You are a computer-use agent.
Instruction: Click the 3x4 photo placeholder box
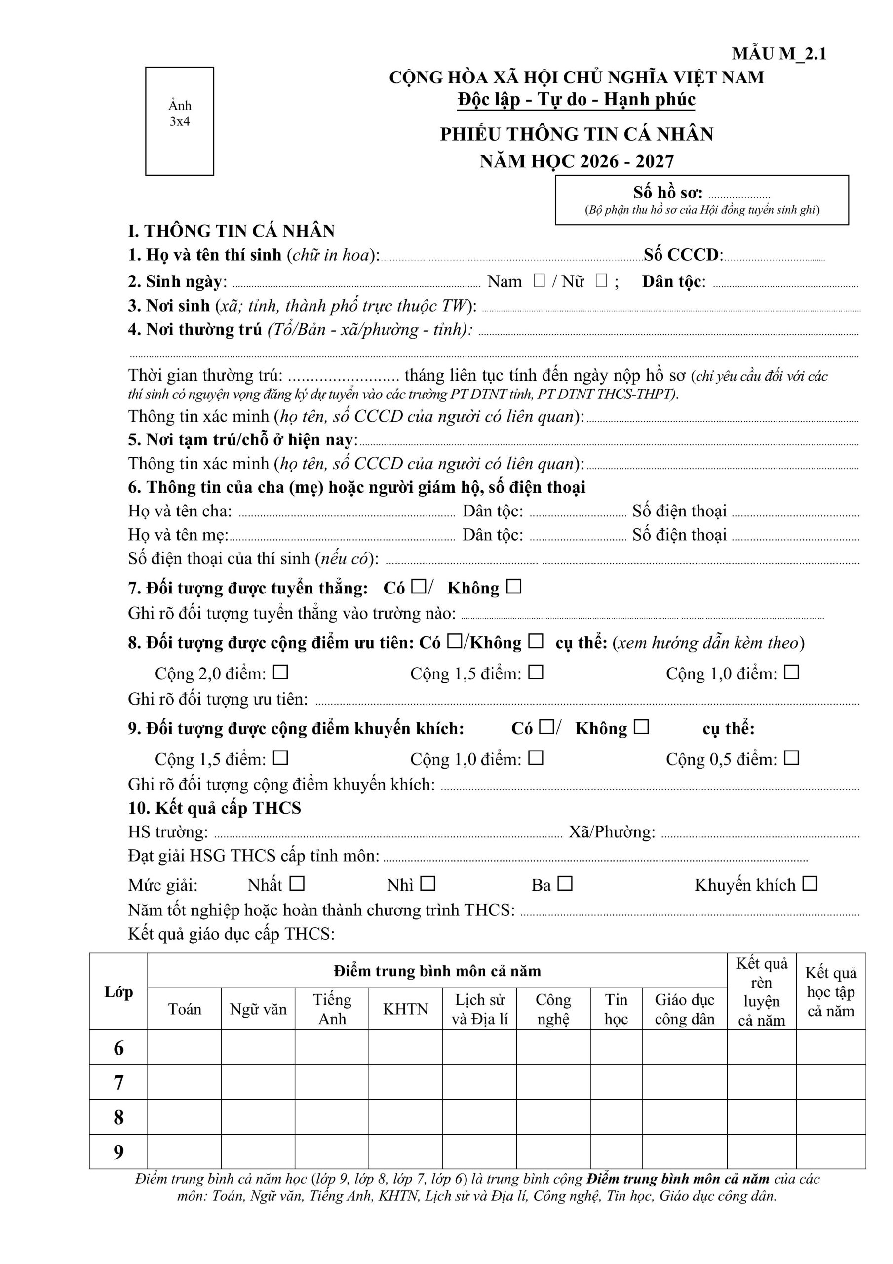(180, 121)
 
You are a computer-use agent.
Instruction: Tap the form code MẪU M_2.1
(778, 54)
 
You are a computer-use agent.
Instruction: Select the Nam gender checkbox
(539, 281)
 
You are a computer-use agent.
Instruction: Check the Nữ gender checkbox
(601, 281)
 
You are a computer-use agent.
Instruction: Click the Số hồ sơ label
(667, 193)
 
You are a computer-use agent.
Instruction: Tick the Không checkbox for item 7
(514, 587)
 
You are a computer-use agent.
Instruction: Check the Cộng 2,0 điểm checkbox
(281, 672)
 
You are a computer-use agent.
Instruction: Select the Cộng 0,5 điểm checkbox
(792, 758)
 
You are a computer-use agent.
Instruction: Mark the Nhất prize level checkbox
(297, 884)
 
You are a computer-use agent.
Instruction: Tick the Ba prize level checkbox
(565, 884)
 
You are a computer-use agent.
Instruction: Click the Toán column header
(185, 1009)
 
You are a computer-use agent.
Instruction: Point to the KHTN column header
(405, 1009)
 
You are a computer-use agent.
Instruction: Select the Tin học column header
(616, 1009)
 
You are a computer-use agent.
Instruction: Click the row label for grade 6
(118, 1049)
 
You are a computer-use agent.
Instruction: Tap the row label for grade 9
(118, 1152)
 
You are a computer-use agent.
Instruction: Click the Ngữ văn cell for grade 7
(258, 1083)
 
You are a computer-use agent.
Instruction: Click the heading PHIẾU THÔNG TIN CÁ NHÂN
(577, 134)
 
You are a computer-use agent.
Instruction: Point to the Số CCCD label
(683, 255)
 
